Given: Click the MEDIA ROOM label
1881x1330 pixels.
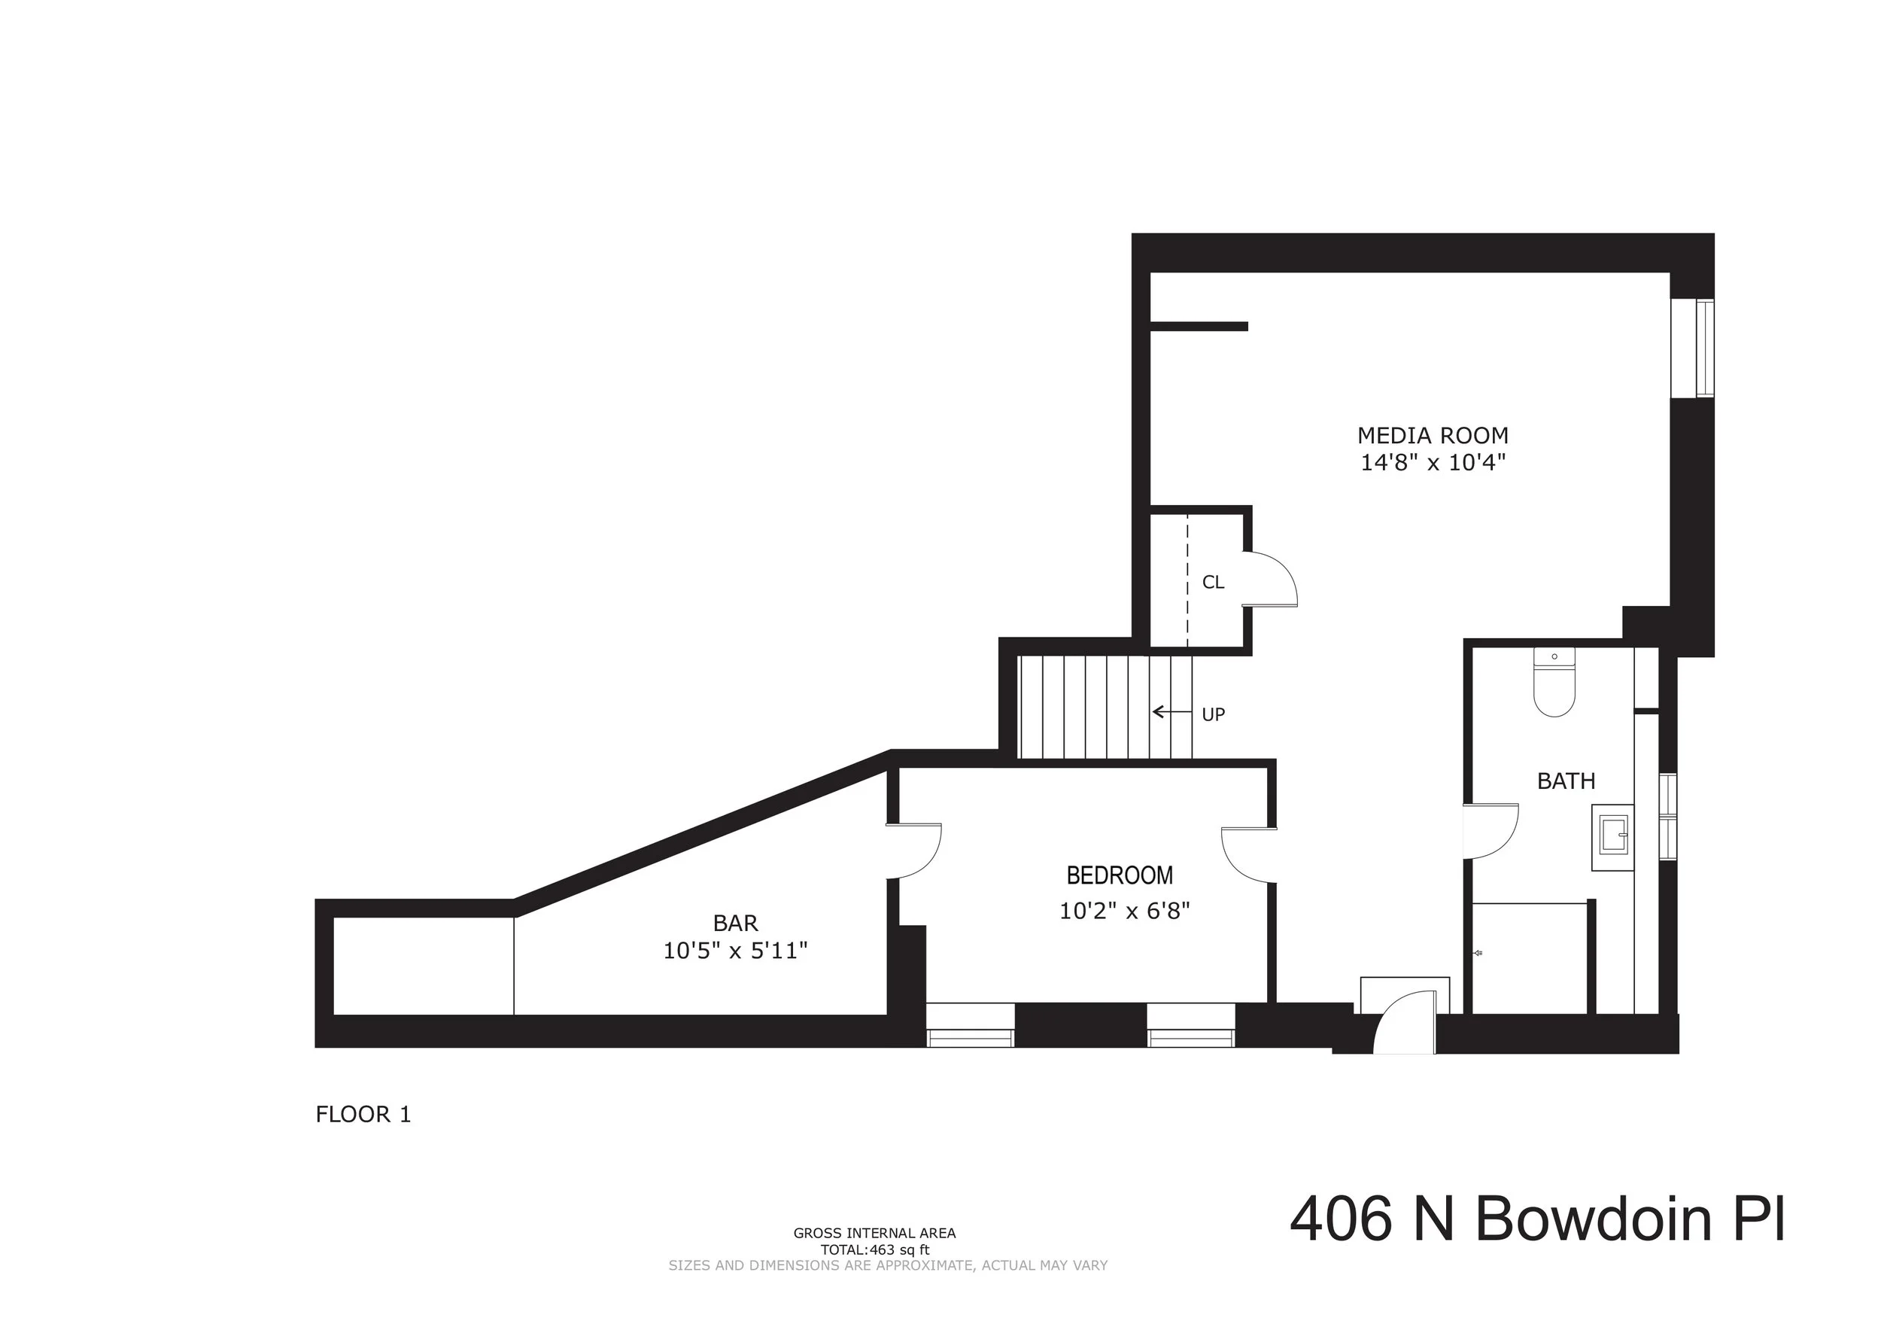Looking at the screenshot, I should [1432, 435].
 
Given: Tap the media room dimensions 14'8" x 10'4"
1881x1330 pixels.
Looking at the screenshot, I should [1432, 463].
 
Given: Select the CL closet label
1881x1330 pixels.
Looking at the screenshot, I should [1212, 583].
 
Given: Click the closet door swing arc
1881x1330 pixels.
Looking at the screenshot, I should [1275, 579].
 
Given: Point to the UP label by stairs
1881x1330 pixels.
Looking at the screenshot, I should [1212, 714].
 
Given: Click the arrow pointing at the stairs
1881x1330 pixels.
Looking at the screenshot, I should [1171, 712].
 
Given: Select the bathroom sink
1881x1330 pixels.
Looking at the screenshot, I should [1612, 838].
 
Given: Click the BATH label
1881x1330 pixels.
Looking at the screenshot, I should [1566, 781].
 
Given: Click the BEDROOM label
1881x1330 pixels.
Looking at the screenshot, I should [1119, 876].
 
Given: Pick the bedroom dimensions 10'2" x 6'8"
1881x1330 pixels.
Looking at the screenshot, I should [1124, 912].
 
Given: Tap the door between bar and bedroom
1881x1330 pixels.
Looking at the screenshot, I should [916, 851].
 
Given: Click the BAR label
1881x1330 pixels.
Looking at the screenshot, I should [735, 924].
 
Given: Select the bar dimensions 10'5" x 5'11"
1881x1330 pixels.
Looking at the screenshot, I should [735, 951].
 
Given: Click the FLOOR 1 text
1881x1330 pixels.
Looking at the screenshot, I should [363, 1115].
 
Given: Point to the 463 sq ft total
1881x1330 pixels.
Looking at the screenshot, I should [875, 1250].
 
